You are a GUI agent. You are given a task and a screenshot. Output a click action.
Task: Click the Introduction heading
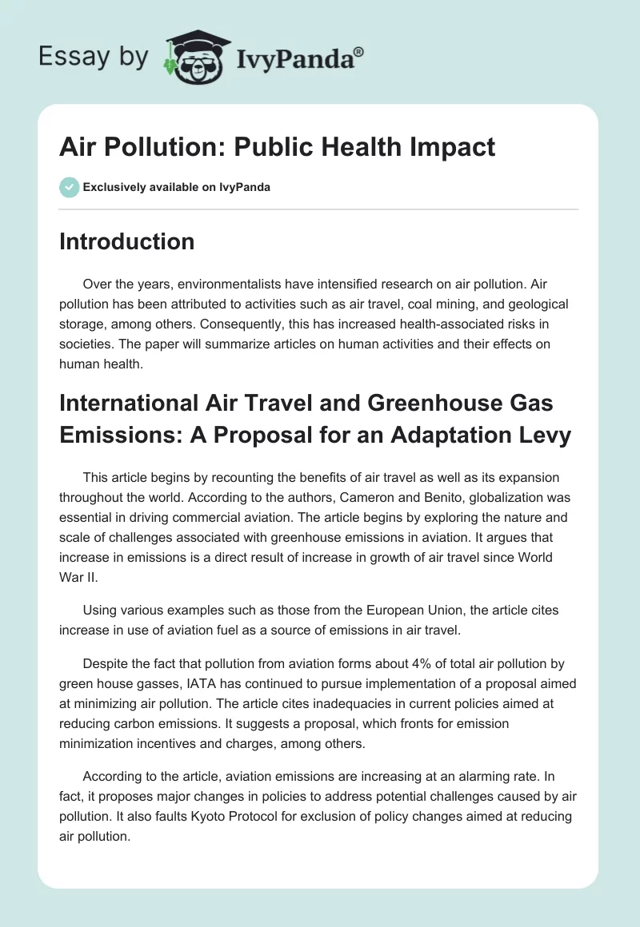tap(126, 241)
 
